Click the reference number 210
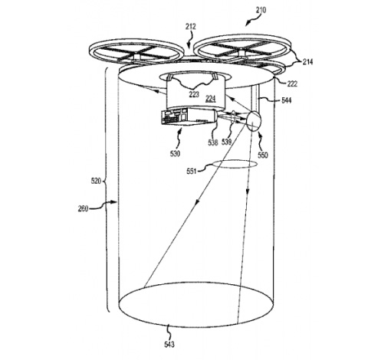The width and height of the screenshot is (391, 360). coord(261,10)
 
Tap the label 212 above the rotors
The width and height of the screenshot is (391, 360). coord(191,27)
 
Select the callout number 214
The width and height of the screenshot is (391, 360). coord(307,62)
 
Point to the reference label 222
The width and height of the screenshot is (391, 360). coord(292,83)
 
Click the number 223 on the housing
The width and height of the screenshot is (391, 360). coord(194,94)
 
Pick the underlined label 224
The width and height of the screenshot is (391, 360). coord(211,98)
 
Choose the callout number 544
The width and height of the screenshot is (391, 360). coord(286,100)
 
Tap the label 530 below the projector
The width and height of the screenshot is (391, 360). coord(175,153)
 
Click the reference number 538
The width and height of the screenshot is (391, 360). coord(213,142)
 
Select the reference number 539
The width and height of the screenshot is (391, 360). coord(226,142)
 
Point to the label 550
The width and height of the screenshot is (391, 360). coord(263,155)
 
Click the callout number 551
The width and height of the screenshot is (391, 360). coord(192,171)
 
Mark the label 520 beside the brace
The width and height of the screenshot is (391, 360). coord(96,181)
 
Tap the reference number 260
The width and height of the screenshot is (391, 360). coord(83,209)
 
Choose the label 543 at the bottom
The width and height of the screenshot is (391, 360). coord(169,345)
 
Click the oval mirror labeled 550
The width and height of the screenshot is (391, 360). coord(253,120)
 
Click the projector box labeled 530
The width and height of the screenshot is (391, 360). coord(189,116)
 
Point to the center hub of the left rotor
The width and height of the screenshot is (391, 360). coord(136,57)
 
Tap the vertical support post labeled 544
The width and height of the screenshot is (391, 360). coord(255,98)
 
